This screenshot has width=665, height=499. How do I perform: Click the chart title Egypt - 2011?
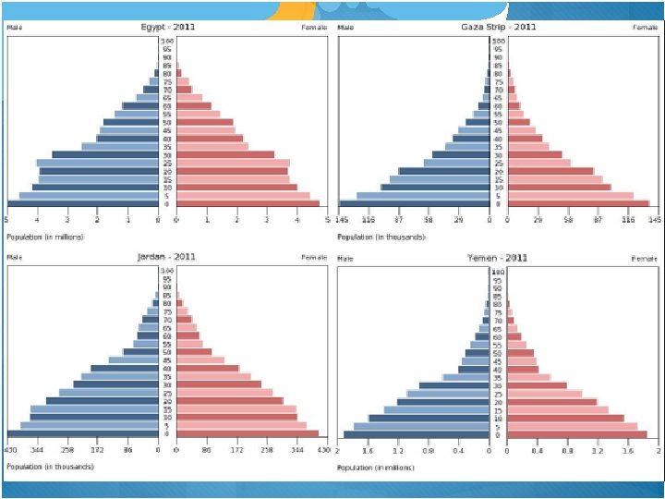pyautogui.click(x=167, y=27)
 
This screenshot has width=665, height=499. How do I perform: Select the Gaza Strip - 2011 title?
pyautogui.click(x=499, y=27)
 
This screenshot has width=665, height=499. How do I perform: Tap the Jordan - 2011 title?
pyautogui.click(x=167, y=256)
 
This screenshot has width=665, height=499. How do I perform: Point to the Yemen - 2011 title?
pyautogui.click(x=498, y=258)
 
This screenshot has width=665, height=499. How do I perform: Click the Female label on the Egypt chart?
pyautogui.click(x=315, y=28)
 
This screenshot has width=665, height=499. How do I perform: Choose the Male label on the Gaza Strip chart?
pyautogui.click(x=345, y=28)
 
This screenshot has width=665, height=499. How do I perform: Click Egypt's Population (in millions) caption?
pyautogui.click(x=46, y=237)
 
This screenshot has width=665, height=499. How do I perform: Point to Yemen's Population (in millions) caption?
pyautogui.click(x=377, y=468)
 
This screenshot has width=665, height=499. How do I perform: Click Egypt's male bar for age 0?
pyautogui.click(x=83, y=203)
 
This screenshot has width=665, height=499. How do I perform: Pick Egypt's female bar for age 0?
pyautogui.click(x=248, y=203)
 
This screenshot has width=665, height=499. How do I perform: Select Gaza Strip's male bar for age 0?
pyautogui.click(x=415, y=203)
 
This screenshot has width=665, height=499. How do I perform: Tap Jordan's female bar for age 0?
pyautogui.click(x=247, y=433)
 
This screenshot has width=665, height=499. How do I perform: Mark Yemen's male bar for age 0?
pyautogui.click(x=417, y=434)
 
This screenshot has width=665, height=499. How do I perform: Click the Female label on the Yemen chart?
pyautogui.click(x=645, y=259)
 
